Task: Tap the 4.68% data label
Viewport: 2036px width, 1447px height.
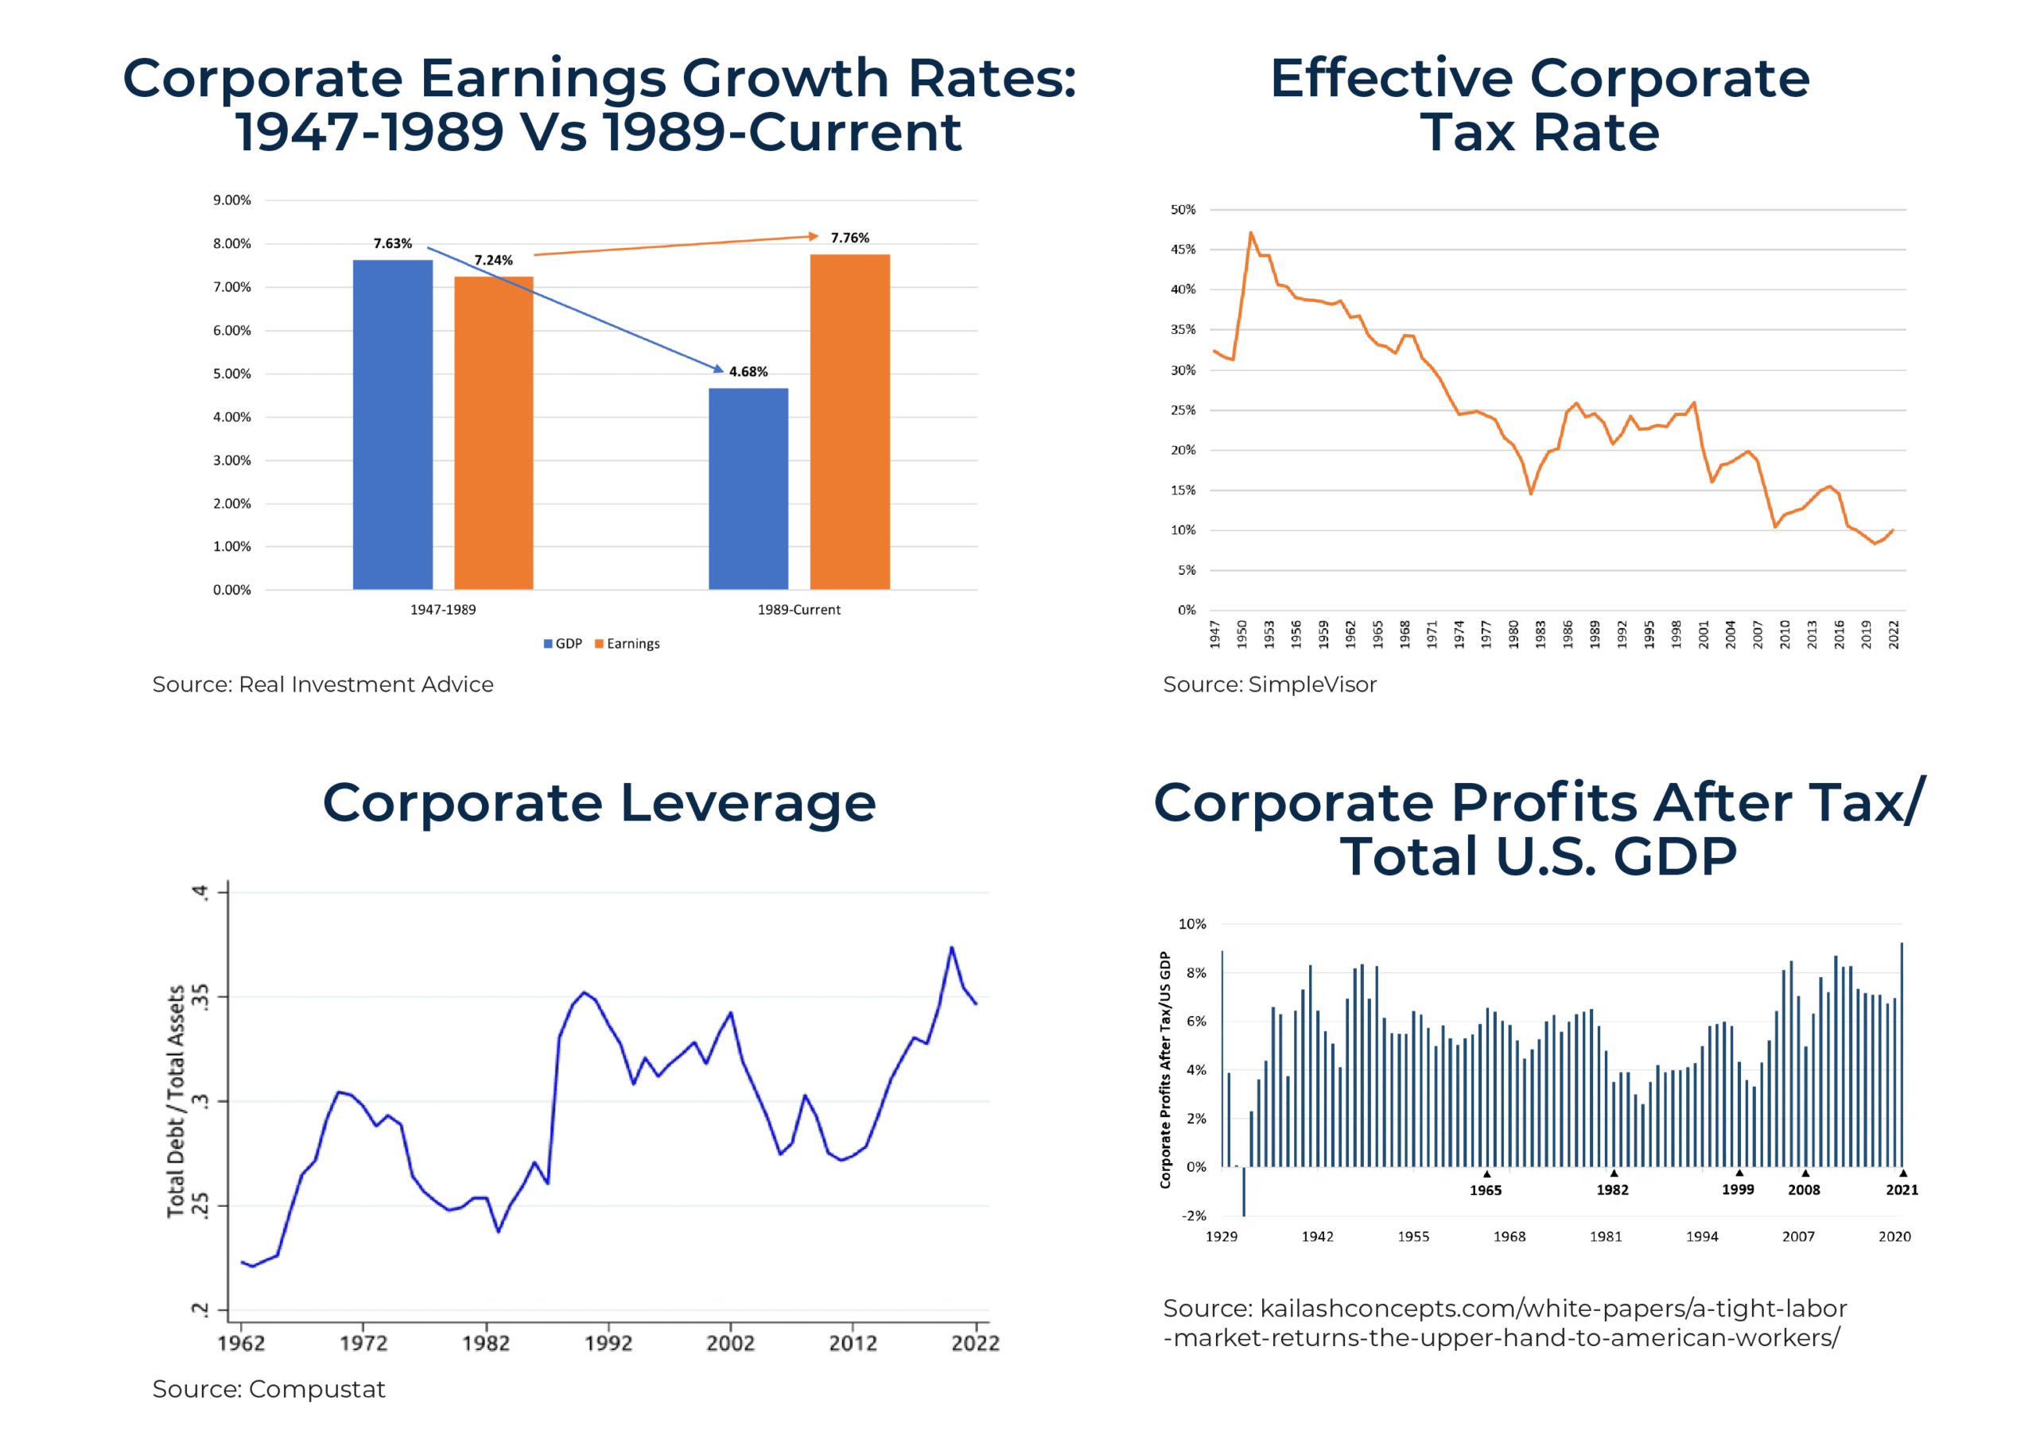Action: click(748, 371)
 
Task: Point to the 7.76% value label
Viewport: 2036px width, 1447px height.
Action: click(849, 238)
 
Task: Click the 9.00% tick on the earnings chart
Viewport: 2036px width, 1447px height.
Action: click(231, 200)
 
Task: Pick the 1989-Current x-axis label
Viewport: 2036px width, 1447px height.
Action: click(798, 610)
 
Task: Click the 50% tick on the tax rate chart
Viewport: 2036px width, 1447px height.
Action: click(1183, 210)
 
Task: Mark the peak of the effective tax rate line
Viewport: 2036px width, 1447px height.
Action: click(1251, 234)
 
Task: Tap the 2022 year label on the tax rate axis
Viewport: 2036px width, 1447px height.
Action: click(1894, 634)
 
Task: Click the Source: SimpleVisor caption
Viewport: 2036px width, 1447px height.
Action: click(1269, 685)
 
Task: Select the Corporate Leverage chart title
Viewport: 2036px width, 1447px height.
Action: click(599, 803)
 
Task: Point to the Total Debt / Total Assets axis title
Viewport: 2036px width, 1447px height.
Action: click(177, 1101)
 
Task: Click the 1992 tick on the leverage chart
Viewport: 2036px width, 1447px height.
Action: click(608, 1343)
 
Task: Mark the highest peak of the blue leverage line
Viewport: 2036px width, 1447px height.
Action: click(952, 947)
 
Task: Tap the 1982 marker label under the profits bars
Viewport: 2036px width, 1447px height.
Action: click(1612, 1189)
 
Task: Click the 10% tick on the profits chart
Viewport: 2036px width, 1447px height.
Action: click(1192, 924)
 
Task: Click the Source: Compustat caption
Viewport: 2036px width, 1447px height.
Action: click(268, 1389)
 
